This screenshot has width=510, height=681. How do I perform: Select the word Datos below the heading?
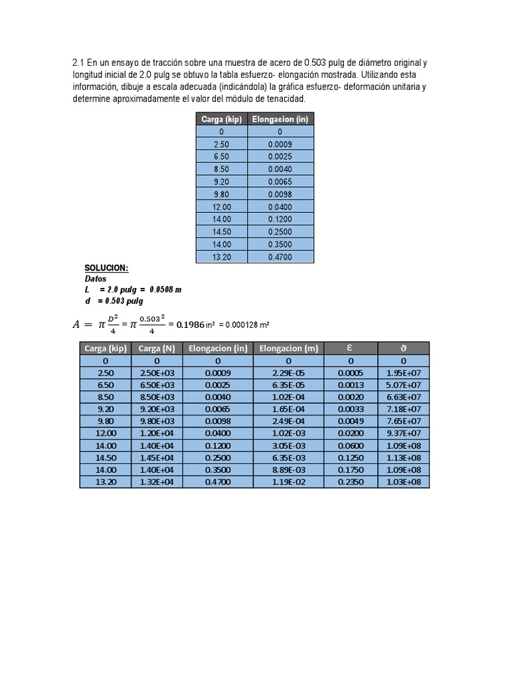[96, 279]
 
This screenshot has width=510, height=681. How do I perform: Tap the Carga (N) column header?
[156, 348]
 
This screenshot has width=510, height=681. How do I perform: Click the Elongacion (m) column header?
[288, 348]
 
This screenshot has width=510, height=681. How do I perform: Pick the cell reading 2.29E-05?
[288, 372]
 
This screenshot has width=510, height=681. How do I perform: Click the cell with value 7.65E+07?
[404, 421]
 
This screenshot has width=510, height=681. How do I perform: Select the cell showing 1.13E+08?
[404, 458]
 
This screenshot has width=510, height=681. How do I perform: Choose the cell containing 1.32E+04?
[156, 481]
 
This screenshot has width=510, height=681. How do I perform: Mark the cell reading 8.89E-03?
[288, 470]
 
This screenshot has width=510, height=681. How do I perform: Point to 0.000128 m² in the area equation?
[248, 325]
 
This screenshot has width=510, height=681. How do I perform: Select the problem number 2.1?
[78, 63]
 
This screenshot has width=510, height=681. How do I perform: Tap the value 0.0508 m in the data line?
[166, 290]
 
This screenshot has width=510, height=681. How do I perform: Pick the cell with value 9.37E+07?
[404, 433]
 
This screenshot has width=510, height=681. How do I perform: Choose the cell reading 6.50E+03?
[156, 384]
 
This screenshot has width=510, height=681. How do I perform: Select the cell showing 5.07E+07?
[404, 384]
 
